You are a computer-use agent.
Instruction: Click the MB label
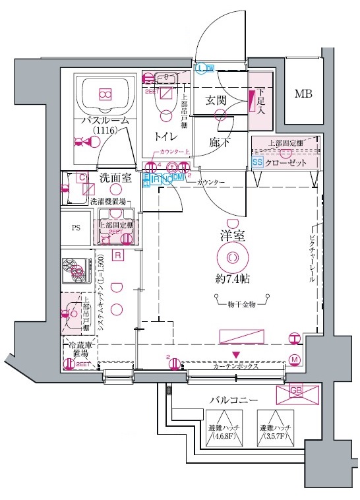pos(303,94)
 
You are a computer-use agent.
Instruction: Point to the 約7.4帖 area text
pos(233,279)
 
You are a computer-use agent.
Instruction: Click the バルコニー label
pos(233,400)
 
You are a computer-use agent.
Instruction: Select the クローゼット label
pos(285,161)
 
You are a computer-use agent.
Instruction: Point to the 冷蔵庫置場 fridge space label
pos(79,350)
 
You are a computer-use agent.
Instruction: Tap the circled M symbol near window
pos(295,359)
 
